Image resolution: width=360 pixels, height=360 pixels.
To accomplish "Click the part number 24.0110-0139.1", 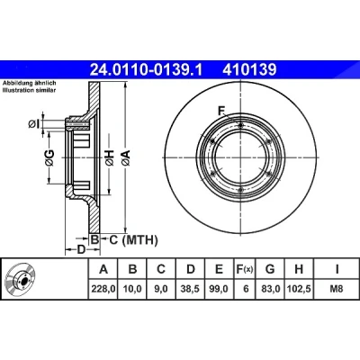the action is click(147, 69).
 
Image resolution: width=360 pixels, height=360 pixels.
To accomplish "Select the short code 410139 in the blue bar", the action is click(249, 69).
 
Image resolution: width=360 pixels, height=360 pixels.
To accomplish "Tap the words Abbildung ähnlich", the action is click(30, 83).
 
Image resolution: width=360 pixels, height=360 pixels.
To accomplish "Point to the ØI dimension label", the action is click(34, 123).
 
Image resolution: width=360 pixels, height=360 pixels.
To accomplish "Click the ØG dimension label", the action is click(49, 157).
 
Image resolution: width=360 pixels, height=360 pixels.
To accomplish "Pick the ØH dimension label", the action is click(110, 157).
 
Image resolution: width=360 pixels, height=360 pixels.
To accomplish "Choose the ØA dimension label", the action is click(126, 157).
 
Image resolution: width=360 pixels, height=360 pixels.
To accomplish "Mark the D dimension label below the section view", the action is click(81, 249).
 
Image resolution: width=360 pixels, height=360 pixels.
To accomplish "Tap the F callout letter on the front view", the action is click(221, 112).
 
